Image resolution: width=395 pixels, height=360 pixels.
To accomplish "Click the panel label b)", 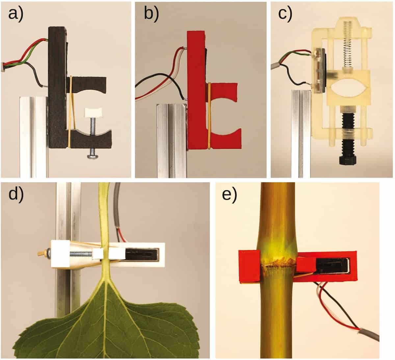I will click(151, 15).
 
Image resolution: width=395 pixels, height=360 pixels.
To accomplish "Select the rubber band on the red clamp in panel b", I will click(209, 115).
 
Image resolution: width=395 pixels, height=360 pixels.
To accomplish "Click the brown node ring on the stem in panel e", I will click(278, 263).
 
